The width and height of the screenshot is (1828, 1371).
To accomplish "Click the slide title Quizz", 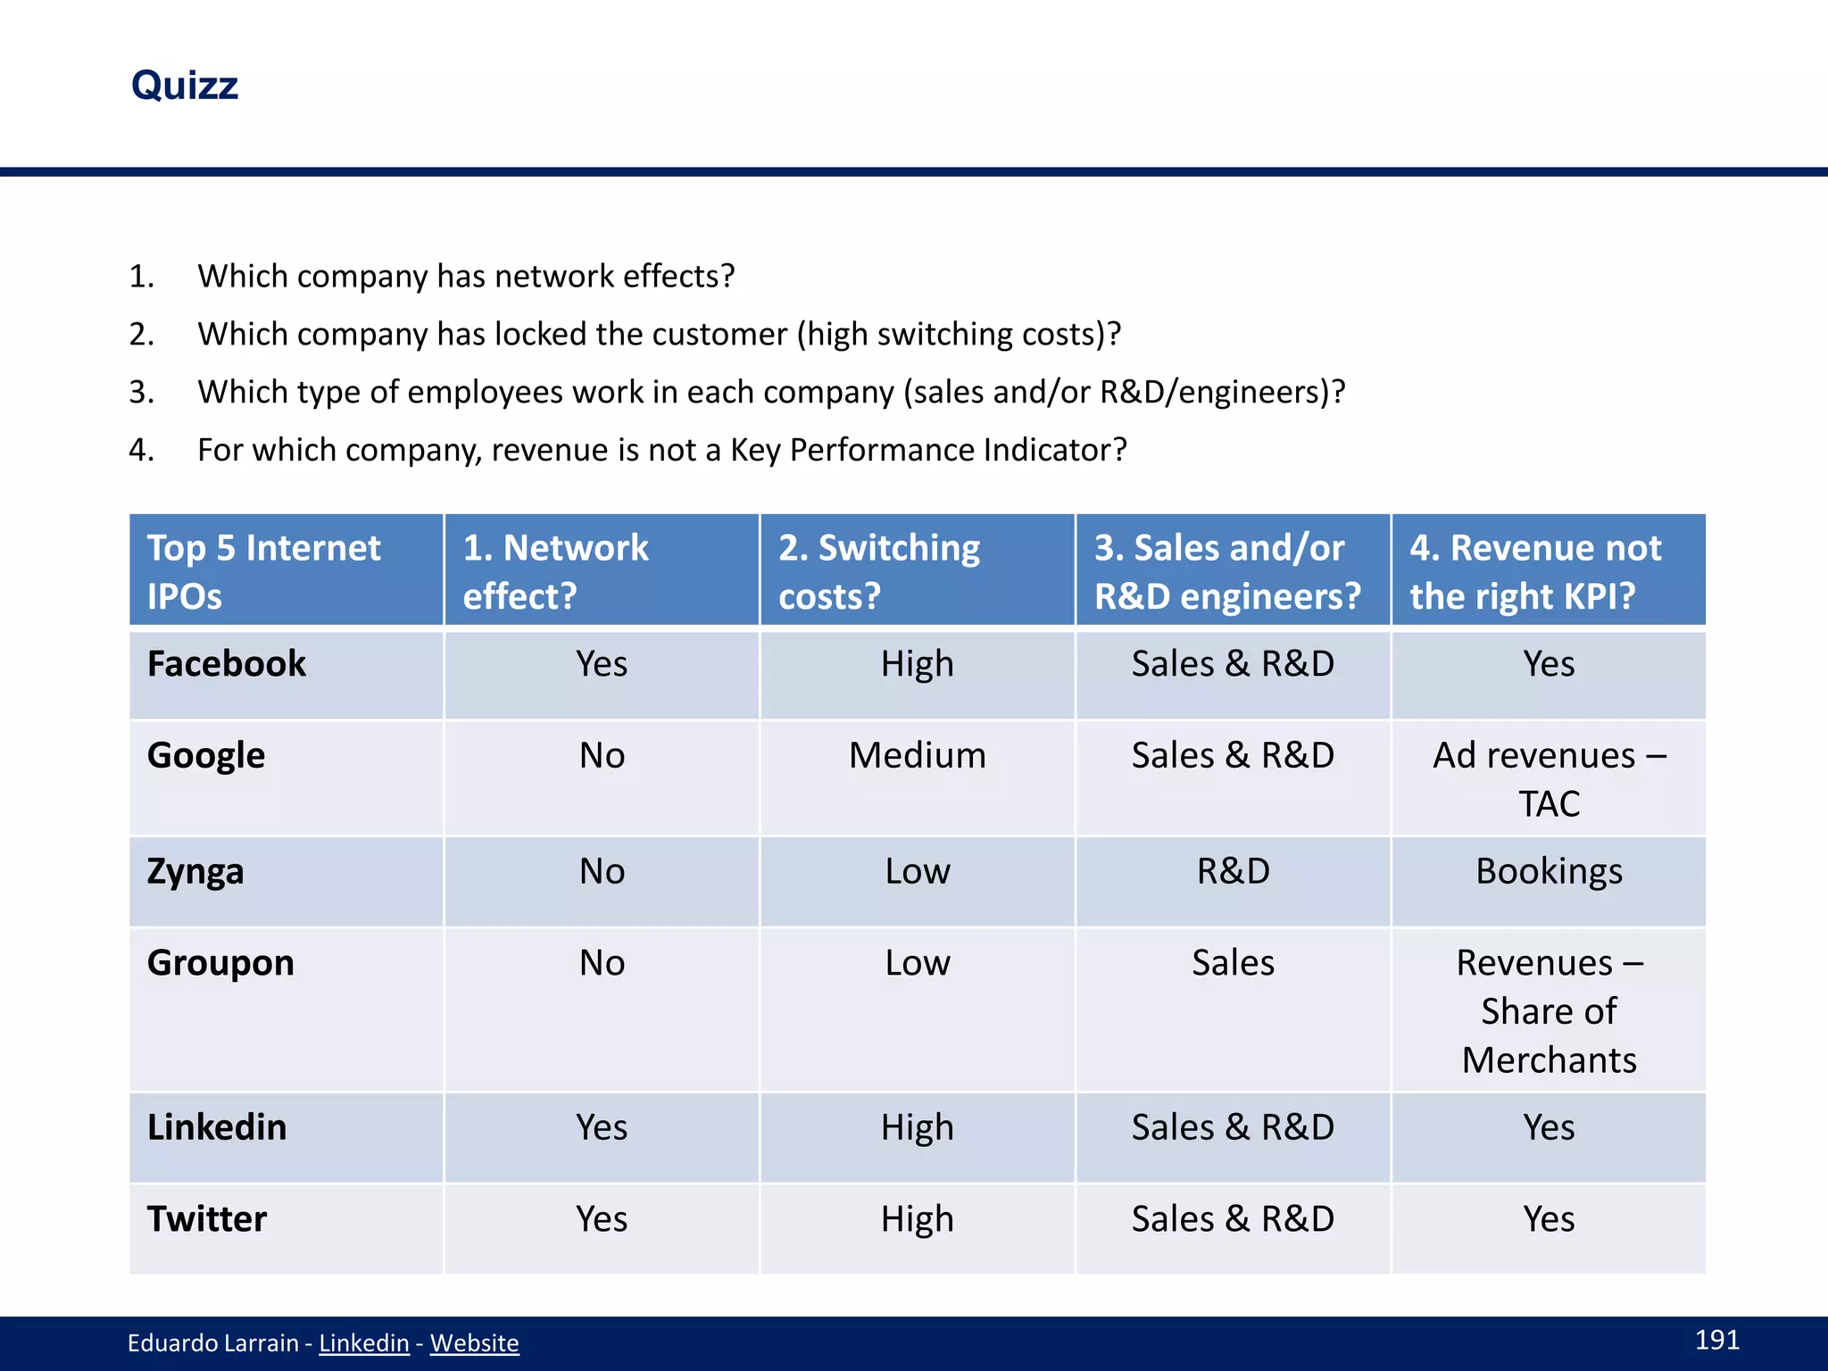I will [185, 86].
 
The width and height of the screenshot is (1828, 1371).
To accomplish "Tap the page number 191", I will [1716, 1340].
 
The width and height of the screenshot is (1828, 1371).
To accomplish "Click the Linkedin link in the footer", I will [363, 1343].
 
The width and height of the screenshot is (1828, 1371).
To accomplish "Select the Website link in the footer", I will [474, 1343].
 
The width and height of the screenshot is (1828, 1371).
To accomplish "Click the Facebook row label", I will [226, 664].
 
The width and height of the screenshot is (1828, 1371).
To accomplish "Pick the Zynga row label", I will [195, 871].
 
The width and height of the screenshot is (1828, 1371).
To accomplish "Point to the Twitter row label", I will [206, 1219].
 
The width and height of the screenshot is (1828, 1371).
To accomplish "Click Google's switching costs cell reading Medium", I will [917, 756].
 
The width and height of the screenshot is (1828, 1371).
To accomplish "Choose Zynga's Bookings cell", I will [1549, 871].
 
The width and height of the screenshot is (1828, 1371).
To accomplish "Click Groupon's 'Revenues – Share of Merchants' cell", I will [1549, 1011].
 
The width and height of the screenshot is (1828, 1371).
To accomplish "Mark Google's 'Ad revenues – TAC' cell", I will [1549, 779].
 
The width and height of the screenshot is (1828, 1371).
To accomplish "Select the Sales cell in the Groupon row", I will [1233, 963].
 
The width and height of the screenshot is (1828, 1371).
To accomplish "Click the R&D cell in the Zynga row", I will [1233, 871].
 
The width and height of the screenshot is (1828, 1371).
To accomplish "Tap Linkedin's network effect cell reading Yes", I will [601, 1127].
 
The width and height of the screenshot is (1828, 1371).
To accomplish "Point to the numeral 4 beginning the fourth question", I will [137, 450].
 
